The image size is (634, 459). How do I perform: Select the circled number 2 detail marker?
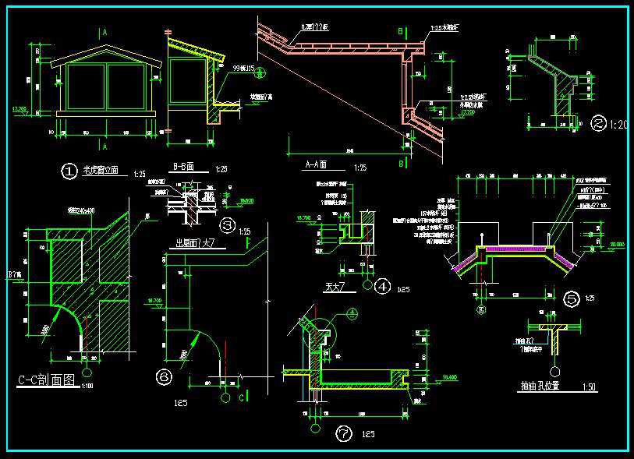point(598,123)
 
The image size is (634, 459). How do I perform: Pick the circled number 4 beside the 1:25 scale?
point(382,287)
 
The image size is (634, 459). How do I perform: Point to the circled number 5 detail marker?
point(572,296)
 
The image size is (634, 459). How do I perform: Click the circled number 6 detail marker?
point(165,377)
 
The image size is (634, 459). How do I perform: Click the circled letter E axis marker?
point(481,309)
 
